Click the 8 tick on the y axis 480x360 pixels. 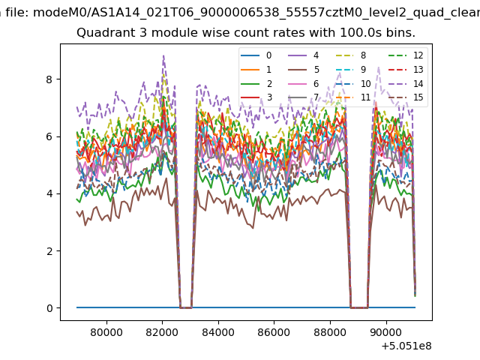pyautogui.click(x=49, y=79)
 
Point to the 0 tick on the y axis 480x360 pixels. pyautogui.click(x=49, y=307)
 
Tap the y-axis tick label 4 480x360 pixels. pyautogui.click(x=49, y=193)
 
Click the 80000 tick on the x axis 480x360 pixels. pyautogui.click(x=106, y=332)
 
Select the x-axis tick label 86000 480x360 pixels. pyautogui.click(x=274, y=332)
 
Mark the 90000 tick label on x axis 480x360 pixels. pyautogui.click(x=386, y=332)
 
